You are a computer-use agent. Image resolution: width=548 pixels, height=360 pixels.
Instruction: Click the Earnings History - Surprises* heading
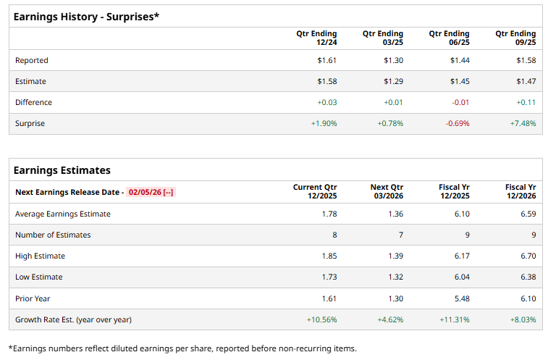[86, 16]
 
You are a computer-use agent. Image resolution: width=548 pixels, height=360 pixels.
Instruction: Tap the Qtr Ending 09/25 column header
[515, 38]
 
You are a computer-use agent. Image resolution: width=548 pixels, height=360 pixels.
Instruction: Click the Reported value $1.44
[460, 60]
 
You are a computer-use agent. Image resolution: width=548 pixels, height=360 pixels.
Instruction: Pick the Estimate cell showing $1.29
[393, 81]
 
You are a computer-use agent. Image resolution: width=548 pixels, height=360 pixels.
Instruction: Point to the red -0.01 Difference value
[460, 102]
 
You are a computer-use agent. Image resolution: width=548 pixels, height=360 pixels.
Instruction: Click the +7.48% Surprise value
[523, 123]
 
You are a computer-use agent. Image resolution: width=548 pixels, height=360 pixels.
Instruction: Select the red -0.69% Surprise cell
[457, 123]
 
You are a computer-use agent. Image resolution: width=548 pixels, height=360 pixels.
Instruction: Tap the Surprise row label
[30, 123]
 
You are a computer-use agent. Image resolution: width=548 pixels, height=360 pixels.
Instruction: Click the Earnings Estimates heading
[62, 170]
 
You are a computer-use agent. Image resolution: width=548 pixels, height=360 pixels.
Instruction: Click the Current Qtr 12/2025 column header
[315, 191]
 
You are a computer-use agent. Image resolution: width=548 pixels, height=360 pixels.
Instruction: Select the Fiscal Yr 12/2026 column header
[520, 191]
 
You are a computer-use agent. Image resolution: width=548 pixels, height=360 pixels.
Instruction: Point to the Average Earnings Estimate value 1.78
[329, 214]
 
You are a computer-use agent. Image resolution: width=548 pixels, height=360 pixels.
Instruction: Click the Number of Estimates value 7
[400, 235]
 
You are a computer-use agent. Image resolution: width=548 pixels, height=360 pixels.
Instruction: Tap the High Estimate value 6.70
[528, 256]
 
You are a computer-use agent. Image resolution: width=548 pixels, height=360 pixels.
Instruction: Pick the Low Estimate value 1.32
[395, 277]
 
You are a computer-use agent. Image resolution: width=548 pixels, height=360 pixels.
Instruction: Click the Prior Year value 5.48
[461, 298]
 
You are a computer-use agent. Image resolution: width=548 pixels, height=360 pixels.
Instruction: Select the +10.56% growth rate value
[322, 319]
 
